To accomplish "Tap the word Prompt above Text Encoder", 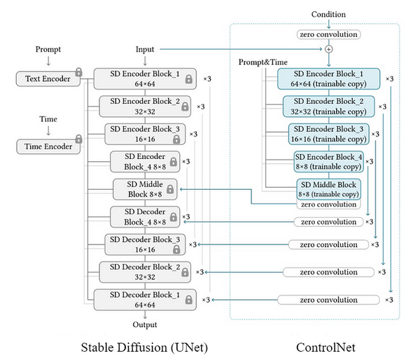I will pos(48,50).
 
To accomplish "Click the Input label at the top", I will pos(145,50).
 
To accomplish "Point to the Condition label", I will pos(328,15).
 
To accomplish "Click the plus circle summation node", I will pos(328,50).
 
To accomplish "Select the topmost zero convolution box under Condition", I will pos(328,34).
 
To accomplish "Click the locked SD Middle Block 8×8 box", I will pos(145,189).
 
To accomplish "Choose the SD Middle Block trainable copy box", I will pos(328,189).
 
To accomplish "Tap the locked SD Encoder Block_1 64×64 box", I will pos(145,78).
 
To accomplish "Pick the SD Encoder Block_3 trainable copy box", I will pos(328,133).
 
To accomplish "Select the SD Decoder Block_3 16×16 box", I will pos(145,244).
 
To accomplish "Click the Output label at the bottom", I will pos(145,324).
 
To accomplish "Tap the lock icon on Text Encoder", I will pos(79,71).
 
